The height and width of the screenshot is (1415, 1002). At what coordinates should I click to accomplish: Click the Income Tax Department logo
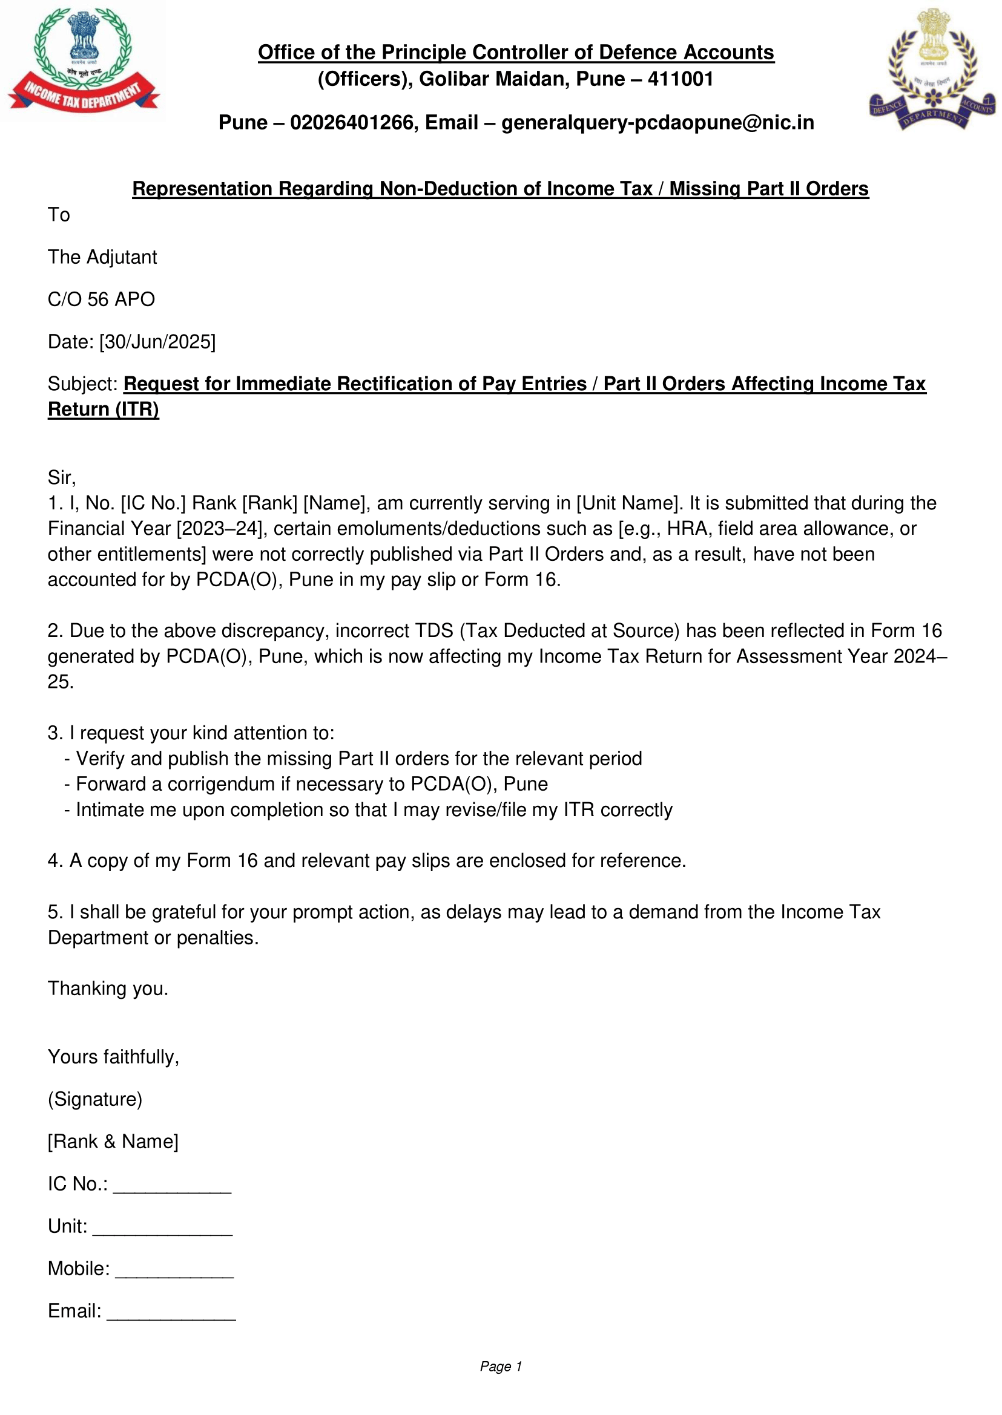84,60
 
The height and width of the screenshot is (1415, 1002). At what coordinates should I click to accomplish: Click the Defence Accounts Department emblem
932,69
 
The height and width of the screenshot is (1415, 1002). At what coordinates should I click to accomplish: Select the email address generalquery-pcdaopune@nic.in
657,123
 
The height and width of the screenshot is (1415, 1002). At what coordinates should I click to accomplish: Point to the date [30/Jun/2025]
157,342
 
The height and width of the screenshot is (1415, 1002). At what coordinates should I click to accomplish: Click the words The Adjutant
102,257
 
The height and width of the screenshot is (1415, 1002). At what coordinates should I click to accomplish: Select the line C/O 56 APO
101,299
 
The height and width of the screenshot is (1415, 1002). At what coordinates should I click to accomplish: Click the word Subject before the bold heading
82,384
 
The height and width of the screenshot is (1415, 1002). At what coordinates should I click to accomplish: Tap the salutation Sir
61,477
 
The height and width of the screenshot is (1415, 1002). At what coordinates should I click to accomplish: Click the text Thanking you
108,989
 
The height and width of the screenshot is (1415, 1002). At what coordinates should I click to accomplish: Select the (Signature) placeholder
95,1099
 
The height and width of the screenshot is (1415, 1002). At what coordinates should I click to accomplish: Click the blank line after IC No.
172,1186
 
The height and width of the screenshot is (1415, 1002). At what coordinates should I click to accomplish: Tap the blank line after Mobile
174,1270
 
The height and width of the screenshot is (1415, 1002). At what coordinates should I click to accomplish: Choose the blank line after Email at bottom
171,1313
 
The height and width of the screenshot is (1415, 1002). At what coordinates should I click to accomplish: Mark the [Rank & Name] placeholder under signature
113,1141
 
